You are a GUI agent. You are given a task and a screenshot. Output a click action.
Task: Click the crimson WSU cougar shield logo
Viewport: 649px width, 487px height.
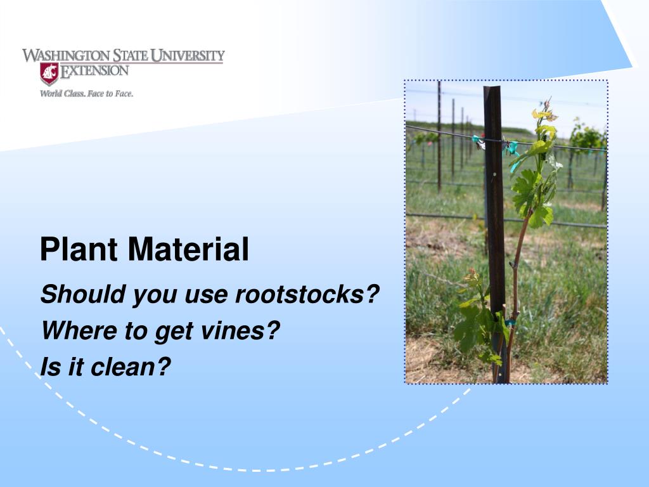[x=49, y=74]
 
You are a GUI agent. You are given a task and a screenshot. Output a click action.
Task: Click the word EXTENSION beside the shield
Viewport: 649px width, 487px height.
[x=94, y=70]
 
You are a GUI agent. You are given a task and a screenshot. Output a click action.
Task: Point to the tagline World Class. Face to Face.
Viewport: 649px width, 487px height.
[x=86, y=94]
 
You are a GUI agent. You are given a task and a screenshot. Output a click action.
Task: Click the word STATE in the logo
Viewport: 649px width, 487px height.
[x=131, y=56]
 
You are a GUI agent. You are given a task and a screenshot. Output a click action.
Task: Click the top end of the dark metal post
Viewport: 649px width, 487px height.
[x=492, y=89]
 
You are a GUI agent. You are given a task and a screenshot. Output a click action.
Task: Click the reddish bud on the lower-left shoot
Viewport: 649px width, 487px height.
[x=471, y=276]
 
